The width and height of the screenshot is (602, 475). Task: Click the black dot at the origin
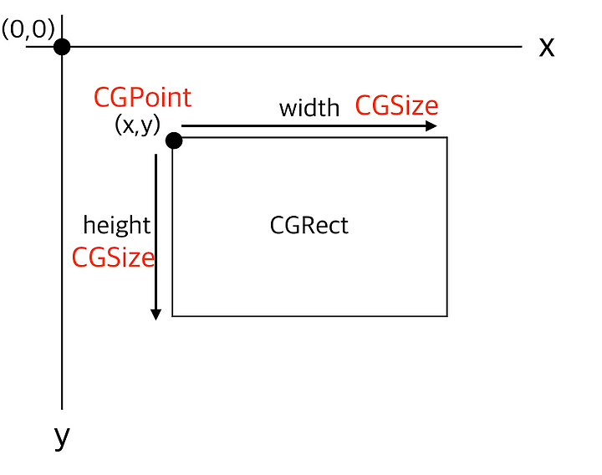[x=62, y=47]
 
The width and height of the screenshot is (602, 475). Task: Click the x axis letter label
[x=547, y=47]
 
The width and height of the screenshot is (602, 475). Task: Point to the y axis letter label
[x=62, y=437]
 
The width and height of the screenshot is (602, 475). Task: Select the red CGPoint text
[x=142, y=97]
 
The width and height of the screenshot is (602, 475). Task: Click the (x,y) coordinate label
[x=137, y=125]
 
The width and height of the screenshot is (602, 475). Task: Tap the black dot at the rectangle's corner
[x=174, y=140]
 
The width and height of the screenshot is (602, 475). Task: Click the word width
[x=309, y=108]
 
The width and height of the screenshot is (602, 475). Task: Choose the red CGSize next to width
[x=396, y=105]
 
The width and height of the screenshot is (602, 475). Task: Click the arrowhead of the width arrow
[x=431, y=125]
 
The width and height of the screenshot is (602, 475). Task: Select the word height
[x=117, y=225]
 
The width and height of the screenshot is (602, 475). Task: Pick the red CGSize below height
[x=113, y=257]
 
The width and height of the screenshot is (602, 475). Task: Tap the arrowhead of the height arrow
[x=156, y=315]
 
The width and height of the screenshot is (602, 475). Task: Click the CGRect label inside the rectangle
[x=309, y=225]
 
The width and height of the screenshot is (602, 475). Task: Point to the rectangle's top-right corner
[x=447, y=137]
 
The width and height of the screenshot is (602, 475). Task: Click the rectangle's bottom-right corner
[x=447, y=316]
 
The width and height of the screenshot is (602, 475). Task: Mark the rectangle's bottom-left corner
[x=172, y=316]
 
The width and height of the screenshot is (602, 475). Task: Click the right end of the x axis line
[x=522, y=47]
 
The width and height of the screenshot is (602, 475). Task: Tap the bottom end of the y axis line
[x=62, y=409]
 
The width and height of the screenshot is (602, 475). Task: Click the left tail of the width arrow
[x=181, y=125]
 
